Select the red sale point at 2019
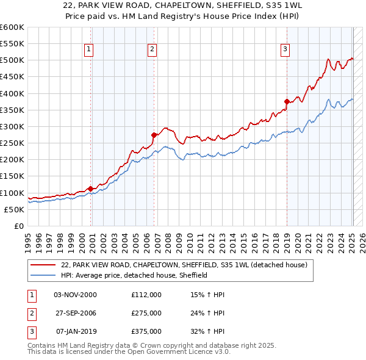(x=287, y=101)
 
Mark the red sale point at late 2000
(x=91, y=189)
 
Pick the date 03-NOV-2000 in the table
(x=75, y=294)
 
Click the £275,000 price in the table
(x=146, y=313)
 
